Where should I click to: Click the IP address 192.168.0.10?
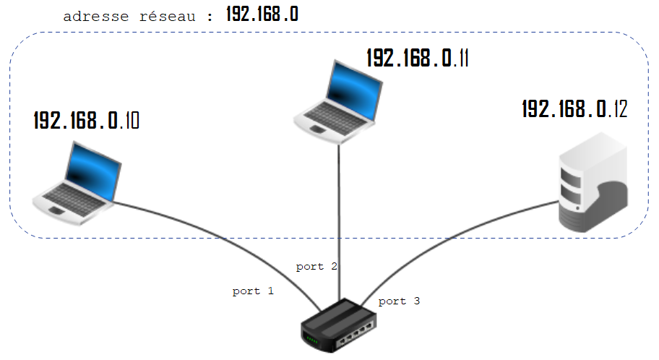(87, 120)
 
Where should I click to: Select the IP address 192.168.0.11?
(418, 58)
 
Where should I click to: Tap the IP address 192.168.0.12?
(574, 109)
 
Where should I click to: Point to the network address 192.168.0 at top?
(262, 14)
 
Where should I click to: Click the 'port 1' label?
(253, 291)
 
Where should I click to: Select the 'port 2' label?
(316, 267)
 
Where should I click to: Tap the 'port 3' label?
(399, 301)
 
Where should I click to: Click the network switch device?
(340, 326)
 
